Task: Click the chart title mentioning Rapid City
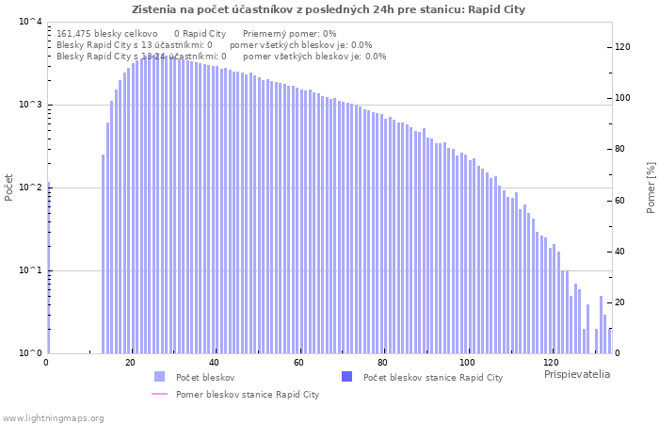pyautogui.click(x=329, y=9)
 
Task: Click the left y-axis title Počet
pyautogui.click(x=9, y=188)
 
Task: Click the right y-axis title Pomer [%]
pyautogui.click(x=651, y=188)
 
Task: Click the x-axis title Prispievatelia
pyautogui.click(x=576, y=374)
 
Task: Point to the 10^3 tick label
pyautogui.click(x=30, y=106)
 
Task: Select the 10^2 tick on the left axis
pyautogui.click(x=30, y=188)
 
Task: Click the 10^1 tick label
pyautogui.click(x=30, y=271)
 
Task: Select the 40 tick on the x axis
pyautogui.click(x=215, y=363)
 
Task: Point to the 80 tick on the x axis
pyautogui.click(x=383, y=363)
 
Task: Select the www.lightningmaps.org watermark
pyautogui.click(x=53, y=417)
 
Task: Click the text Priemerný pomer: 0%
pyautogui.click(x=289, y=33)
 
